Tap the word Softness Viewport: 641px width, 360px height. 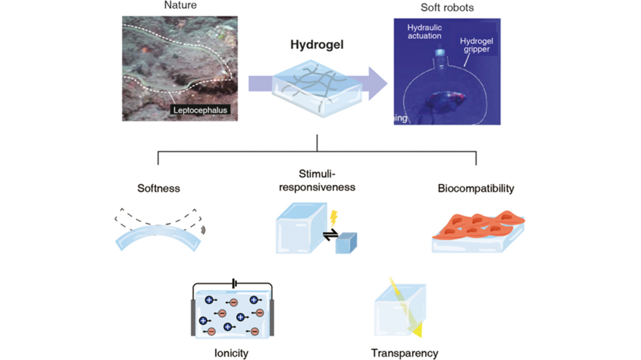coord(157,188)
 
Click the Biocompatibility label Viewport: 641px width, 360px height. coord(475,188)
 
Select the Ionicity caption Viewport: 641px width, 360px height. coord(231,353)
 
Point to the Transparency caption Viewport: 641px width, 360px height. coord(405,353)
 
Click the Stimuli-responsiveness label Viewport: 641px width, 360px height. coord(317,180)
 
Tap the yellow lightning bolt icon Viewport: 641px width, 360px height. coord(334,218)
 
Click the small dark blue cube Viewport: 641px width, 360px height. coord(347,242)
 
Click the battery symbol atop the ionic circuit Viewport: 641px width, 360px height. coord(234,282)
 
